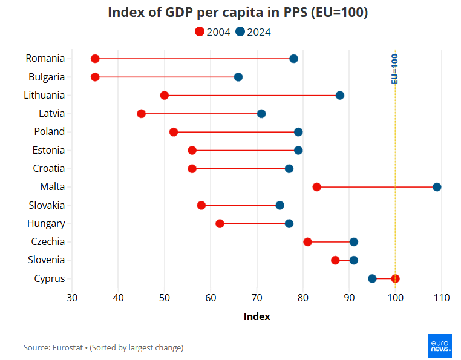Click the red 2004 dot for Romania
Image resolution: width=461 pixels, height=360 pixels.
[x=95, y=59]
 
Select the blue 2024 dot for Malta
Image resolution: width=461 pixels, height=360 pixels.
[x=437, y=187]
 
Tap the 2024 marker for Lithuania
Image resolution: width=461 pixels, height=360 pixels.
[x=340, y=96]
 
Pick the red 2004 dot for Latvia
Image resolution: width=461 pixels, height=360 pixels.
[x=142, y=114]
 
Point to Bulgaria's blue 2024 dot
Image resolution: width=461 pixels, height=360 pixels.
[x=238, y=77]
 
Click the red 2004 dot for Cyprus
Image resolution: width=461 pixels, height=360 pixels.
[x=395, y=278]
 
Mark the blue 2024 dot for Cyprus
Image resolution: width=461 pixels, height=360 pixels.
[x=372, y=278]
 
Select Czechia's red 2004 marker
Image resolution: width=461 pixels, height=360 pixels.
[x=307, y=242]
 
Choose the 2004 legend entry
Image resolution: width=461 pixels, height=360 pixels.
[x=212, y=32]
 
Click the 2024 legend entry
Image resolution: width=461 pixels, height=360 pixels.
[x=253, y=32]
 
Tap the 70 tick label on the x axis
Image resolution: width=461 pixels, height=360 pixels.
[x=257, y=298]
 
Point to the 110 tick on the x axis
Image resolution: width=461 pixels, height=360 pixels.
[x=442, y=298]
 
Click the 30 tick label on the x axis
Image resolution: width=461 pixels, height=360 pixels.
[x=72, y=298]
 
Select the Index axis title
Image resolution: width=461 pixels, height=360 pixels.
[x=257, y=316]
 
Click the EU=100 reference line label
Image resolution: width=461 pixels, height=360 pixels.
[x=394, y=68]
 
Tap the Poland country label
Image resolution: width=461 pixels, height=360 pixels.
[x=49, y=131]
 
